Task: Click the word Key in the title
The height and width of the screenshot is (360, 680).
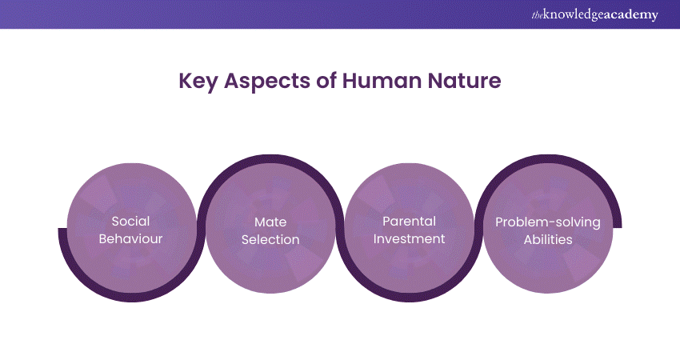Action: pos(198,81)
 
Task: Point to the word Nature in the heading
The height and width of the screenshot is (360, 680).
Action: pos(464,81)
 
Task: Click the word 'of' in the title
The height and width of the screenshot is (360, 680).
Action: pos(326,80)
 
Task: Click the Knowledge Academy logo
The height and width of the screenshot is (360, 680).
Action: pos(595,14)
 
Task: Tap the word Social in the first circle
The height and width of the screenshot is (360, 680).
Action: pos(130,222)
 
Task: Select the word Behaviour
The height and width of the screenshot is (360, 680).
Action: pos(130,238)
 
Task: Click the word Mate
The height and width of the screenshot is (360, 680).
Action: pos(270,222)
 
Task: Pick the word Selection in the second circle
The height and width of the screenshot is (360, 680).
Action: pos(270,239)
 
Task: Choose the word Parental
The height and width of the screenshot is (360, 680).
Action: pos(409,222)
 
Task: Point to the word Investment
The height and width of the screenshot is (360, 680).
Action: pos(409,238)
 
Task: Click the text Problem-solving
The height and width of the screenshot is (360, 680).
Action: pos(548,222)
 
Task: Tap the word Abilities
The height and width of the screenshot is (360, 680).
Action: pos(548,239)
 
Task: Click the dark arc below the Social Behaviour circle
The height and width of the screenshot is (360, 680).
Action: pos(131,298)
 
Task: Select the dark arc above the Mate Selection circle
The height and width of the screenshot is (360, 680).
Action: pos(270,158)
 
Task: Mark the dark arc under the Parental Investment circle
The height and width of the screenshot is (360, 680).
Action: pos(410,298)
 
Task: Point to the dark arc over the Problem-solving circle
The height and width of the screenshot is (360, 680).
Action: pos(548,158)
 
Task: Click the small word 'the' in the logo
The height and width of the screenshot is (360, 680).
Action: pos(537,16)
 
